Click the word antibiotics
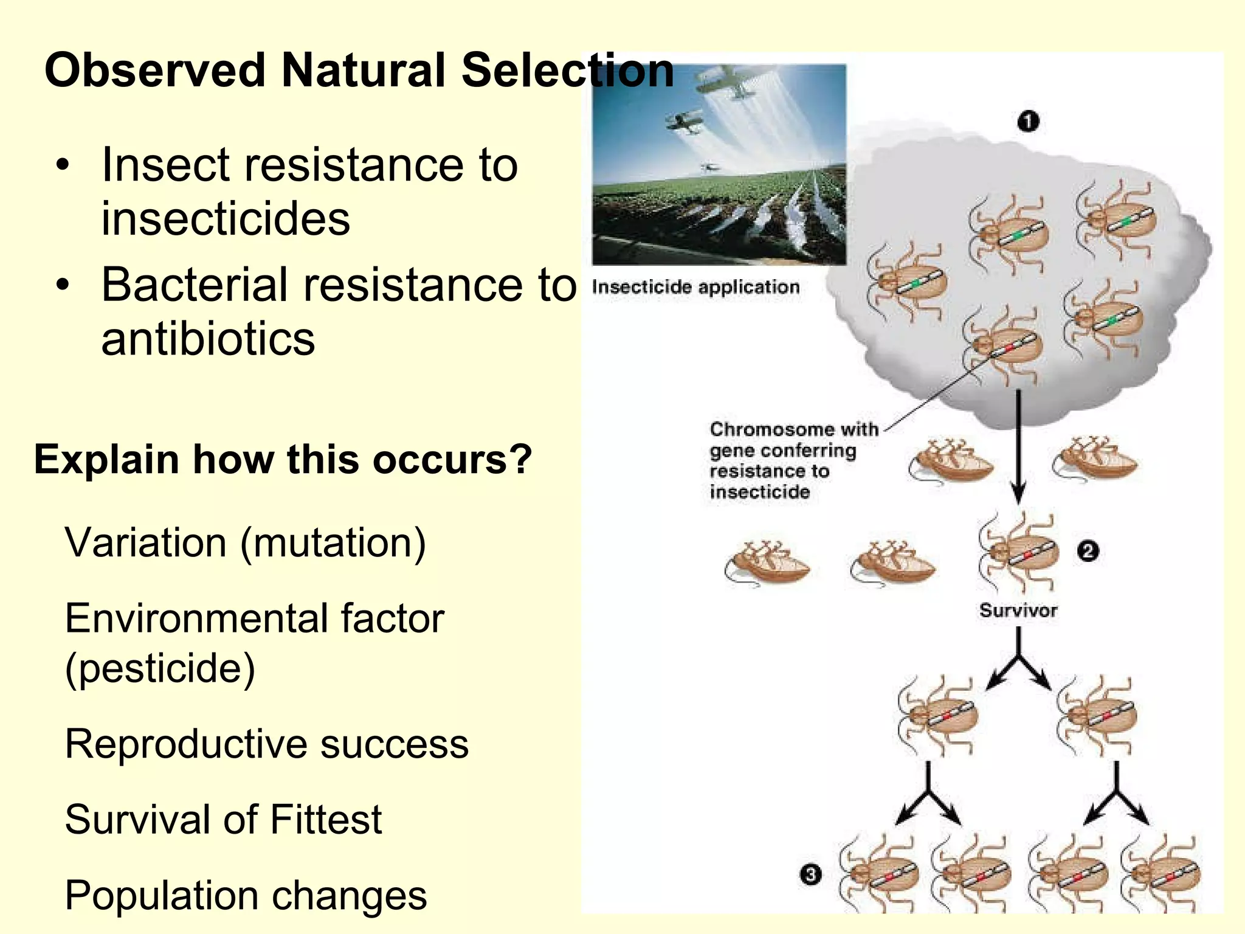pyautogui.click(x=208, y=339)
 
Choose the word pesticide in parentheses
pyautogui.click(x=160, y=669)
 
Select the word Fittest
pyautogui.click(x=326, y=819)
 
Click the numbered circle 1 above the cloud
pyautogui.click(x=1028, y=122)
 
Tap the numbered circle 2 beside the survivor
pyautogui.click(x=1088, y=551)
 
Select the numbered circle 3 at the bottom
pyautogui.click(x=810, y=875)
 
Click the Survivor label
pyautogui.click(x=1018, y=611)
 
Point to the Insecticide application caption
pyautogui.click(x=695, y=287)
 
